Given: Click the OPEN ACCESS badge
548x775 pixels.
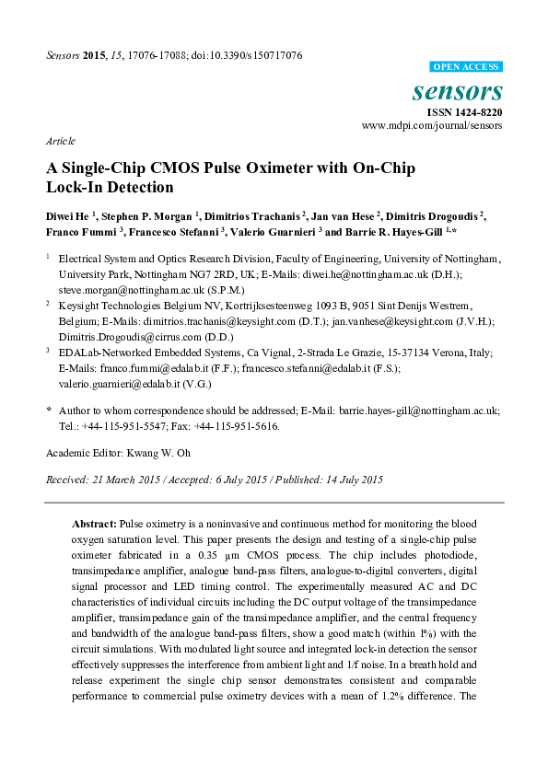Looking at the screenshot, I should coord(466,67).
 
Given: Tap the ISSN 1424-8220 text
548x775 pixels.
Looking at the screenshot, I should coord(463,111).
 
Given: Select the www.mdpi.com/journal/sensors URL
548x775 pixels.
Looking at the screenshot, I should coord(432,125).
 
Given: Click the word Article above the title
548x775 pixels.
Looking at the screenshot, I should coord(60,142).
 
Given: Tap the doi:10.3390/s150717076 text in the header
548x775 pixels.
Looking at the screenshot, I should coord(243,54).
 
